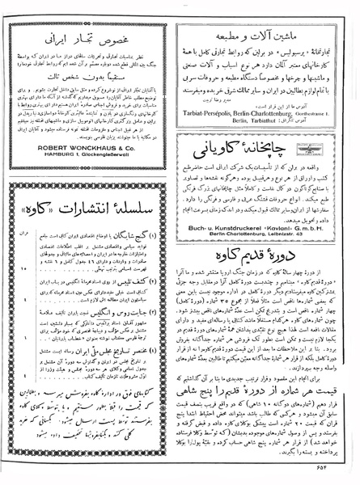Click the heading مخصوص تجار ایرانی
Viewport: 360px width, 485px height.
pos(91,38)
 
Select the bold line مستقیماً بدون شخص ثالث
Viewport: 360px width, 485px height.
pos(91,82)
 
